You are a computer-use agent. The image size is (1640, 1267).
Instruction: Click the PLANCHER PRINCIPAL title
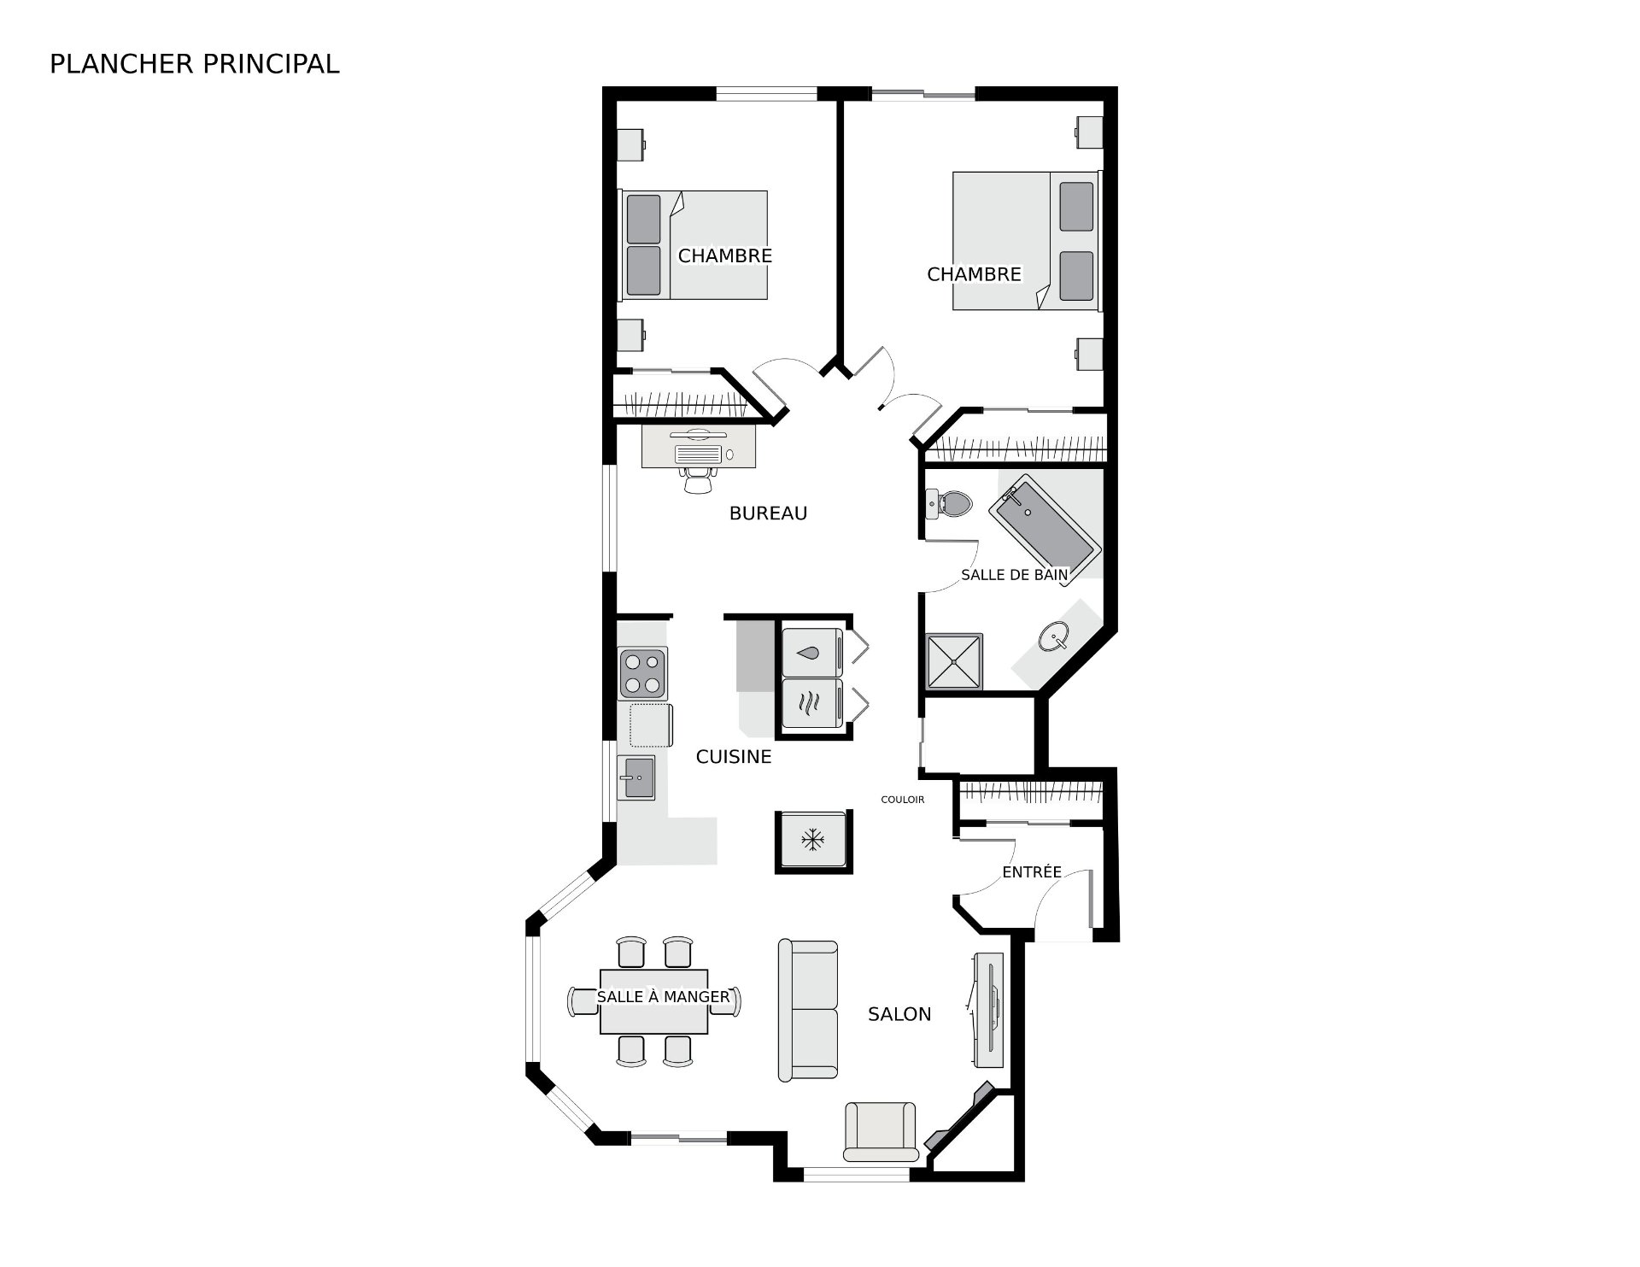point(195,64)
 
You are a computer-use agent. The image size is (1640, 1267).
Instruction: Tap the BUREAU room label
point(768,513)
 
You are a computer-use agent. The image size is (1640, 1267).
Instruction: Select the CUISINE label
point(734,757)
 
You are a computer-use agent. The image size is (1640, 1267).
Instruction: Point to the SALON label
point(899,1014)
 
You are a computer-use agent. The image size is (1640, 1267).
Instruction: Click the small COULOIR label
point(903,800)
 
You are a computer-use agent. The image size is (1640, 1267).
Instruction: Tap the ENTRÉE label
point(1032,871)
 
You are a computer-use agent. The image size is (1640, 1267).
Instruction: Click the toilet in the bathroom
point(949,503)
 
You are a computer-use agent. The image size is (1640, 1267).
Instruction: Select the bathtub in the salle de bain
point(1042,530)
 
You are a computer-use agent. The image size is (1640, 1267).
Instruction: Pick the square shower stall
point(954,661)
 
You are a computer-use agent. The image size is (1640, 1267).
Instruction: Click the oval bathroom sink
point(1055,636)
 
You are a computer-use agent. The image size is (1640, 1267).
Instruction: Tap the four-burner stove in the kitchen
point(642,673)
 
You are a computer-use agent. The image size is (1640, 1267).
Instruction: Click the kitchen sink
point(636,777)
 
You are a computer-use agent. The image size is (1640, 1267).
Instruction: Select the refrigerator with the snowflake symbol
point(812,841)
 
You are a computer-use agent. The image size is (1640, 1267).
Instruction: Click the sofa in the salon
point(808,1011)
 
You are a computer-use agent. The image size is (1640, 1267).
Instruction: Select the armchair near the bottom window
point(880,1131)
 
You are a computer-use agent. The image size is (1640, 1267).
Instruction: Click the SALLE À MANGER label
point(663,997)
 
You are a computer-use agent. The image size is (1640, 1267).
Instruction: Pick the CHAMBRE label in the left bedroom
point(725,255)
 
